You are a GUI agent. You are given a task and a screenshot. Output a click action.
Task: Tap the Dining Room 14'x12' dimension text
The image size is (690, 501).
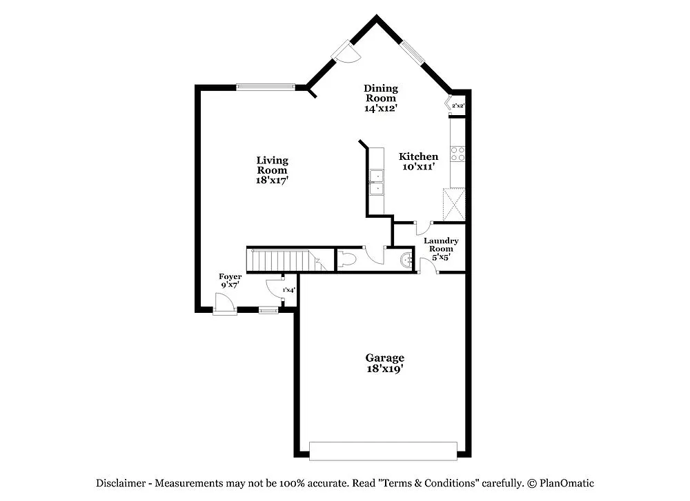click(x=381, y=108)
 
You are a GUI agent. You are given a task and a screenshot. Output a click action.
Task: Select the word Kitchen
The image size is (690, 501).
click(x=418, y=156)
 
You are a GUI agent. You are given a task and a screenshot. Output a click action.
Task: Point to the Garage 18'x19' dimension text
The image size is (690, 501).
click(x=384, y=369)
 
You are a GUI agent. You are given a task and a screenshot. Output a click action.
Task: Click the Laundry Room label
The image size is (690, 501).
click(x=441, y=245)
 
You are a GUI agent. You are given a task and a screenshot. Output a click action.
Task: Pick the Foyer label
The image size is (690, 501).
click(x=230, y=276)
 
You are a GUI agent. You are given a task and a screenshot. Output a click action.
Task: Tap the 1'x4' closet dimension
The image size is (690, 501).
click(x=289, y=290)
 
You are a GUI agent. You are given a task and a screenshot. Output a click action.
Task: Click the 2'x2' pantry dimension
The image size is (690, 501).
click(x=458, y=106)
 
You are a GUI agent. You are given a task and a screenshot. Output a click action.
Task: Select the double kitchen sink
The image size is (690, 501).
click(x=377, y=182)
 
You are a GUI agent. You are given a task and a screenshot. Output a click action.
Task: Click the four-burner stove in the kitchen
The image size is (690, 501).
click(x=457, y=154)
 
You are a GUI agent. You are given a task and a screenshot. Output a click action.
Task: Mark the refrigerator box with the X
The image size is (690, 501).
click(x=455, y=204)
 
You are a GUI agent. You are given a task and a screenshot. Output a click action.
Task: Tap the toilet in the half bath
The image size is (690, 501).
click(x=347, y=260)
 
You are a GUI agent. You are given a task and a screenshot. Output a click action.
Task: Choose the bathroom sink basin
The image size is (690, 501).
click(x=407, y=260)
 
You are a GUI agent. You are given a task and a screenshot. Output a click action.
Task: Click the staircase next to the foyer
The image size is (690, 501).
click(x=284, y=261)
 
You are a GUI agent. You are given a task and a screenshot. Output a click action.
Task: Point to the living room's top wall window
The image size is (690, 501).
click(x=266, y=87)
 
